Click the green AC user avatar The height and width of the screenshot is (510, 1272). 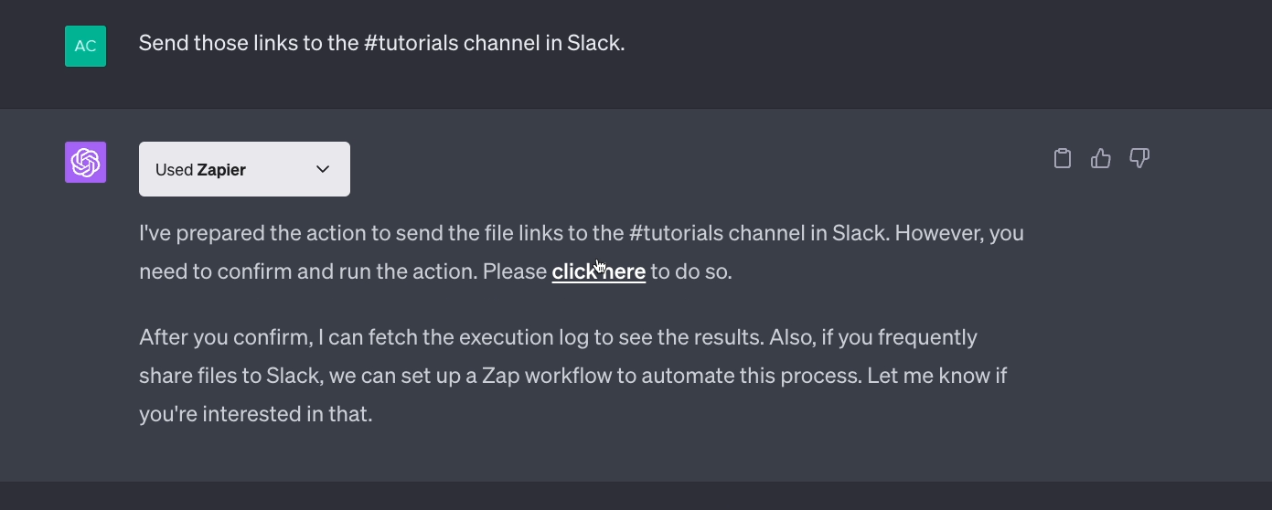[x=85, y=46]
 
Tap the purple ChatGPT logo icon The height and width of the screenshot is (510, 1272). [x=85, y=163]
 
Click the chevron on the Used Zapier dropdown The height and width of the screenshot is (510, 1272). [x=323, y=169]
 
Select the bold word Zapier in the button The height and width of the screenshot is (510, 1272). [x=221, y=170]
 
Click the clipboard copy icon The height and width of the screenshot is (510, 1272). [x=1063, y=158]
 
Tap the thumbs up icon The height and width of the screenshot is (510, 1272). [x=1100, y=158]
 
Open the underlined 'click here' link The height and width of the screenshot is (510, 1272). [x=599, y=271]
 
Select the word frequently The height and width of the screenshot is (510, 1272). [x=927, y=338]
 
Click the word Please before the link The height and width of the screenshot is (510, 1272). [x=515, y=271]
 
